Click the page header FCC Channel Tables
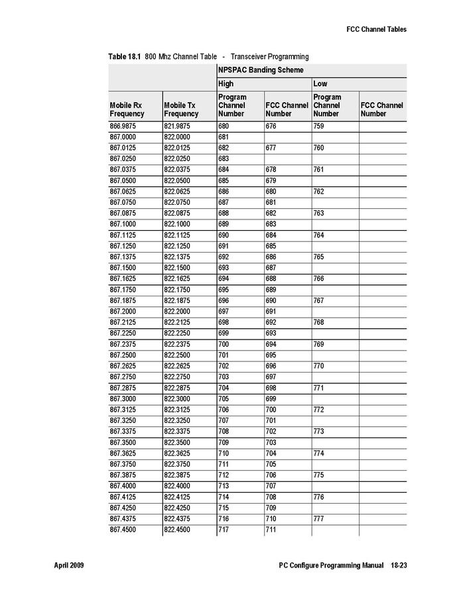376,29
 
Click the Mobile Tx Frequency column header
180,109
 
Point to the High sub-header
226,84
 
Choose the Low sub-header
320,84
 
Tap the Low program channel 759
319,126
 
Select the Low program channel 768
319,322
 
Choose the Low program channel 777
319,518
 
